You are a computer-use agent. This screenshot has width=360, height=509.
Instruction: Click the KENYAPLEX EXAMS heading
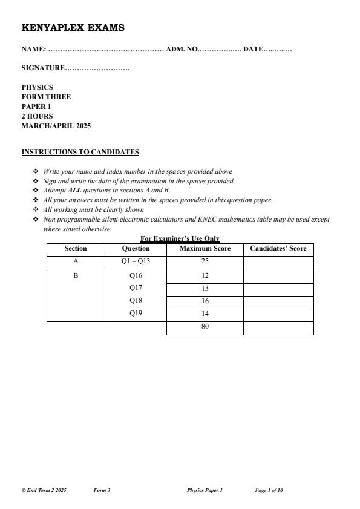[x=73, y=28]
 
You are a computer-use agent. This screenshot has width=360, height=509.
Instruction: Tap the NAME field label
[x=33, y=49]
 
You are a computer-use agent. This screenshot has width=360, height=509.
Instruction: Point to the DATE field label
[x=253, y=49]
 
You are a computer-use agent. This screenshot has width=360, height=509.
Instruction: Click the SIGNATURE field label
[x=42, y=68]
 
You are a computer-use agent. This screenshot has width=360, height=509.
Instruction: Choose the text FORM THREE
[x=46, y=97]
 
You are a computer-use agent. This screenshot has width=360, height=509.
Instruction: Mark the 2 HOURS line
[x=37, y=116]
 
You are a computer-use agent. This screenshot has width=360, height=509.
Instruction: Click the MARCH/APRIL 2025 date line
[x=56, y=126]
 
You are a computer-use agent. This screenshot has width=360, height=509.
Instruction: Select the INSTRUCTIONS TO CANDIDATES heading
[x=80, y=152]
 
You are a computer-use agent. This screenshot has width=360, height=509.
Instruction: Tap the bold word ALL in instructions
[x=74, y=190]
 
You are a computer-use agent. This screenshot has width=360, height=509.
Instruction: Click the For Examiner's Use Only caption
[x=180, y=239]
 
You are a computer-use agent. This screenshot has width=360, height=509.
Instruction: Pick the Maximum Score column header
[x=205, y=249]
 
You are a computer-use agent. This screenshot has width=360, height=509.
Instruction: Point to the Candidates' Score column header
[x=278, y=249]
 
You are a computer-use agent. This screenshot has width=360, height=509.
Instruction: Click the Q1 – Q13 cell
[x=136, y=262]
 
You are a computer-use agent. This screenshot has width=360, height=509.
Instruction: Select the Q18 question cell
[x=136, y=301]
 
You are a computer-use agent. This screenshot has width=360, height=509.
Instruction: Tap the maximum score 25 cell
[x=205, y=262]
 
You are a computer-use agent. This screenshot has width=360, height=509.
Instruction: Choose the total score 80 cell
[x=205, y=327]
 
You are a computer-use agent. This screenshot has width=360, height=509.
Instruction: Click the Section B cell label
[x=76, y=275]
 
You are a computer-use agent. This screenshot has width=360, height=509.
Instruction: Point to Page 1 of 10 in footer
[x=269, y=490]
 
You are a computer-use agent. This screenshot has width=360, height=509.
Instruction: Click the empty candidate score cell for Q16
[x=278, y=276]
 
